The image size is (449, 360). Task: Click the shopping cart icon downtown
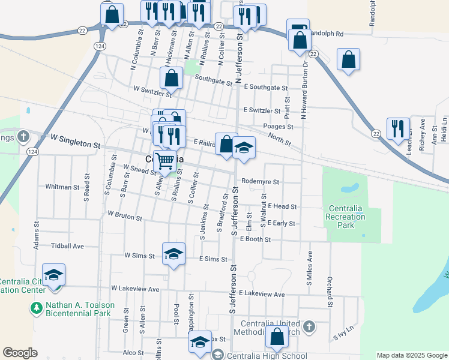coord(165,160)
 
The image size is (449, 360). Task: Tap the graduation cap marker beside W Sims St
coord(173,253)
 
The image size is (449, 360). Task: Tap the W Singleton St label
coord(75,145)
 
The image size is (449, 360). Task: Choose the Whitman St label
coord(62,187)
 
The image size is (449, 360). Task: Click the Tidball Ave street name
coord(67,246)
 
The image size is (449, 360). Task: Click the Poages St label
coord(278,127)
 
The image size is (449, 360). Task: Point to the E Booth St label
coord(256,239)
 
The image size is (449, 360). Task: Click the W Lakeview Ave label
coord(135,289)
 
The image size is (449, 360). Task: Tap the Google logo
coord(20,353)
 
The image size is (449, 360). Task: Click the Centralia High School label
coord(264,355)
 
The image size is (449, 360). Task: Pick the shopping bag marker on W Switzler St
coord(172,77)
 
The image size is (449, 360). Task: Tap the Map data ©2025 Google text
coord(411,355)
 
